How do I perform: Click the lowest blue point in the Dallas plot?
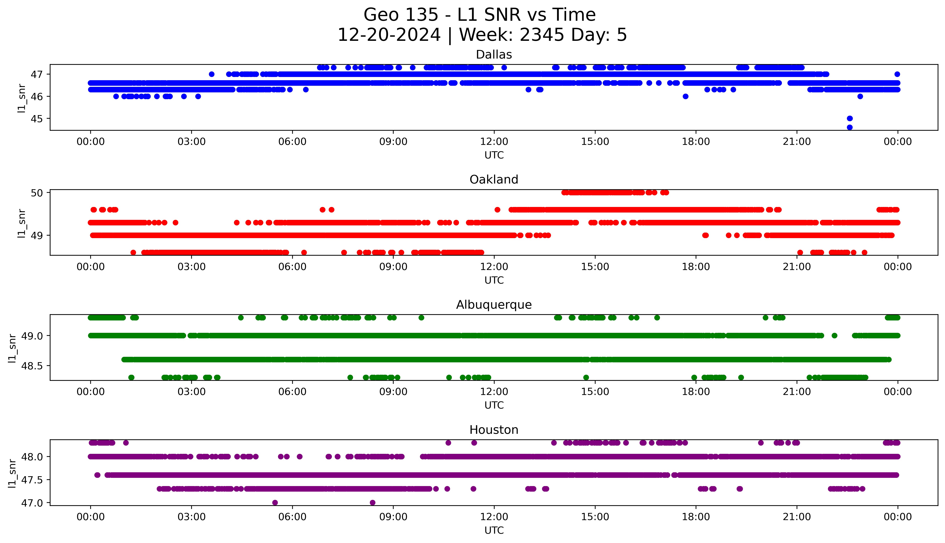[850, 127]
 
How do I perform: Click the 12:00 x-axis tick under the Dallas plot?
[494, 142]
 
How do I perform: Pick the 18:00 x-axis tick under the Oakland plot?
[696, 267]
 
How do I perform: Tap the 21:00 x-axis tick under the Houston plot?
[797, 517]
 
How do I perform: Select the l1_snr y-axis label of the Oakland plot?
[22, 223]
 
